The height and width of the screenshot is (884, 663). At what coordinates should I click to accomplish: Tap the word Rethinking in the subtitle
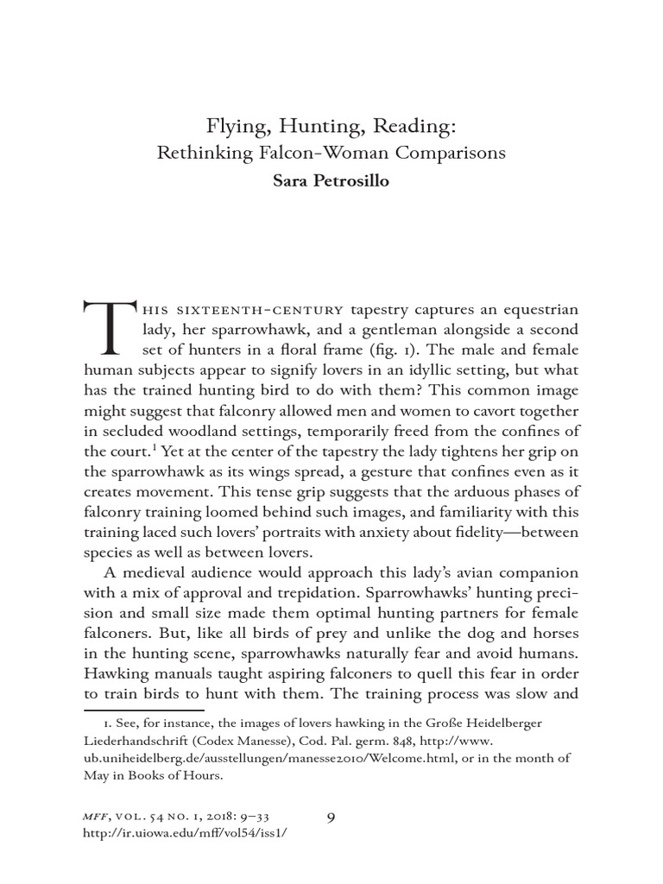(x=199, y=155)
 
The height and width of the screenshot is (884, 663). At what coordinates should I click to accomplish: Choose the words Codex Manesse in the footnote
(x=256, y=741)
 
